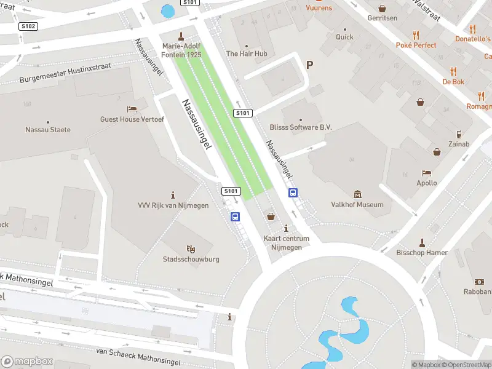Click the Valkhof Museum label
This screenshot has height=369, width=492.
click(x=357, y=205)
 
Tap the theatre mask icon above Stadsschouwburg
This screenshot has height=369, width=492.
click(x=191, y=249)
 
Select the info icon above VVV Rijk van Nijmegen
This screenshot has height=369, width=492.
click(x=173, y=194)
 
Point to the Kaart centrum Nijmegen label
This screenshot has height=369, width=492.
click(x=286, y=243)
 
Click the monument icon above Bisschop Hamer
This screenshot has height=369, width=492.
click(x=422, y=242)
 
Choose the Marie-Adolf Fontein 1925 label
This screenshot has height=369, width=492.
click(x=181, y=50)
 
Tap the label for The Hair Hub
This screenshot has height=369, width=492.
click(x=247, y=54)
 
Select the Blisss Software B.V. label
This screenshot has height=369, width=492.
click(x=301, y=127)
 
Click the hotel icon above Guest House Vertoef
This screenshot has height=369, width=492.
click(x=132, y=109)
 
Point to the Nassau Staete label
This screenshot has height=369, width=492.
click(x=48, y=130)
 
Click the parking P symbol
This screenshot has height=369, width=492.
click(x=309, y=65)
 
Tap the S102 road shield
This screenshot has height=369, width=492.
click(x=29, y=26)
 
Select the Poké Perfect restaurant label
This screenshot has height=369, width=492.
click(x=416, y=45)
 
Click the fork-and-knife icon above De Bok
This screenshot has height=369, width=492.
click(x=454, y=71)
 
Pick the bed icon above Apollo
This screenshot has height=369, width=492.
click(x=427, y=173)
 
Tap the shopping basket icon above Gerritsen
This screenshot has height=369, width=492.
click(x=383, y=9)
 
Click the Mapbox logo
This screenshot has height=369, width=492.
click(x=27, y=362)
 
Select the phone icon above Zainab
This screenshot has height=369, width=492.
click(x=459, y=134)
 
